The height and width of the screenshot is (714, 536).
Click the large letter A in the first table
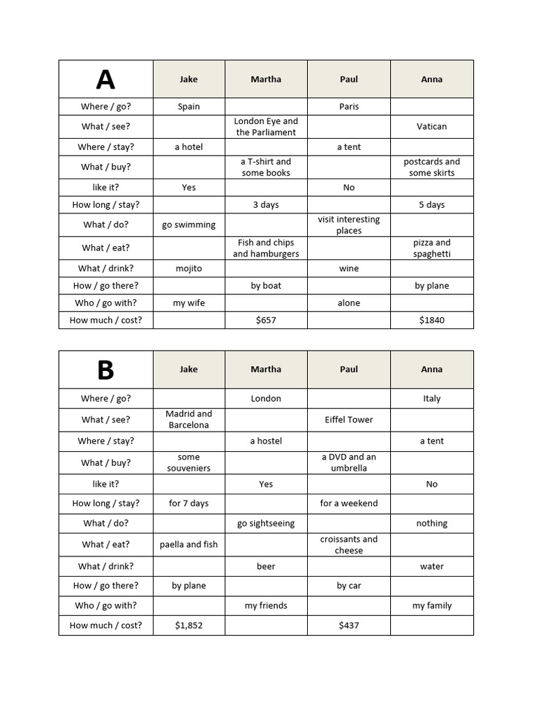pos(105,79)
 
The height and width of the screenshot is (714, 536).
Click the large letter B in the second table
pos(105,370)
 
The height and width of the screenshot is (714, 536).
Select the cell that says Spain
pos(188,107)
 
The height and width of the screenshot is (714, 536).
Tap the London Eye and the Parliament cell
pos(266,126)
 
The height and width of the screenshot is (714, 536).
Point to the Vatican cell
pos(431,126)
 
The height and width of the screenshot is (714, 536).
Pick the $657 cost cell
pos(266,320)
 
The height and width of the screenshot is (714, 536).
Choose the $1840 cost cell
pos(431,320)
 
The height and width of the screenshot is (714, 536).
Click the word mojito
pos(188,268)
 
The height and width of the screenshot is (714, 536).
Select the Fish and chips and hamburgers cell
pos(266,248)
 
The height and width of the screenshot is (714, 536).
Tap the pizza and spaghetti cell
pos(431,248)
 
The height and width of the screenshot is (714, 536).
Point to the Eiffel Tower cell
pos(349,420)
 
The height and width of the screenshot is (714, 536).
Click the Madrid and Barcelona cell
pos(188,419)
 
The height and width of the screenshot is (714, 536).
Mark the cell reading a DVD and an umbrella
pos(349,462)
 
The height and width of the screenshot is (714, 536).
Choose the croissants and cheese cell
pos(349,545)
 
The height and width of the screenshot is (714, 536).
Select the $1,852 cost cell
pos(188,625)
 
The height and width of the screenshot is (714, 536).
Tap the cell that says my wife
pos(188,303)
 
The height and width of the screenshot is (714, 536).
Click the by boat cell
pos(266,285)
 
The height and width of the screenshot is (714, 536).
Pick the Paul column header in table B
pos(349,370)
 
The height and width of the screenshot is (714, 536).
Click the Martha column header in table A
pos(266,79)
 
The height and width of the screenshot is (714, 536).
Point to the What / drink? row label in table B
pos(105,566)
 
